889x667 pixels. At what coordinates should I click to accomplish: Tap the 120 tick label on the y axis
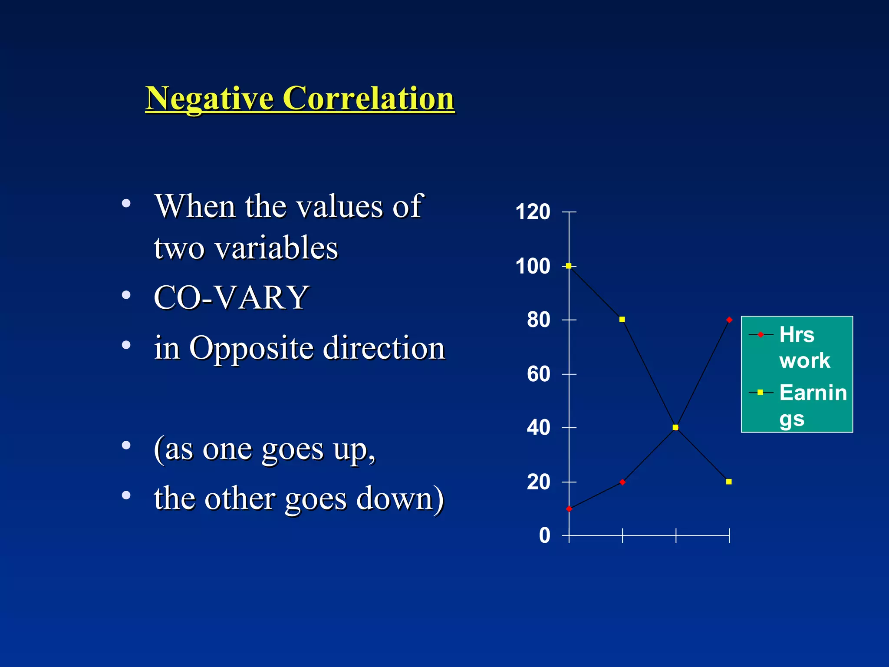533,212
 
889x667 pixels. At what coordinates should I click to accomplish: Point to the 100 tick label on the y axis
533,266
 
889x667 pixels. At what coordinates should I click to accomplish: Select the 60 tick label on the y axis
538,374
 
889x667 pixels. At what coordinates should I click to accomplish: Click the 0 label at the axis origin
544,535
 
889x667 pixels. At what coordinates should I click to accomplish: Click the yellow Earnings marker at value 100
569,266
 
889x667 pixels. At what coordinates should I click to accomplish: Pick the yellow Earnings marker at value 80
622,320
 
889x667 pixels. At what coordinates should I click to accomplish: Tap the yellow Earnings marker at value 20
729,482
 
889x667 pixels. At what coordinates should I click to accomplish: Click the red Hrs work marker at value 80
729,320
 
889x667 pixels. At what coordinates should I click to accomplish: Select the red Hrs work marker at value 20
622,482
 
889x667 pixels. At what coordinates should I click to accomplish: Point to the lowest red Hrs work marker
569,509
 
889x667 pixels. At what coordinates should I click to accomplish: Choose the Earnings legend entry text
813,405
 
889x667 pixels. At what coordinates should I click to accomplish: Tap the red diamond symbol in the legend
761,335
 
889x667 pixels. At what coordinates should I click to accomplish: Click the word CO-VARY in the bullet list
231,298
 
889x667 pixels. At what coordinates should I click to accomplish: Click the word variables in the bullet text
276,248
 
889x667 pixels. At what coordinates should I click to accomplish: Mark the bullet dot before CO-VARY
126,296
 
